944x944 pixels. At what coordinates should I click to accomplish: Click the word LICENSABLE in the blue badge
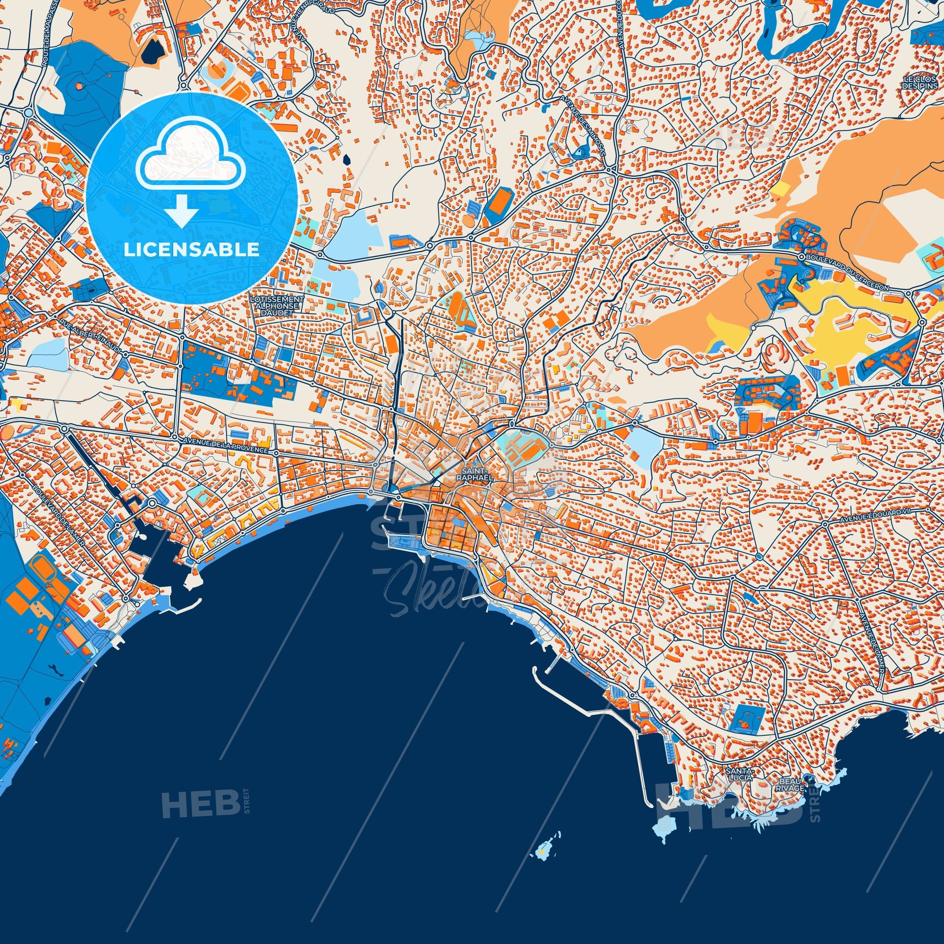coord(191,250)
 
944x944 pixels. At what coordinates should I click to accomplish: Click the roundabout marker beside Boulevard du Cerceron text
coord(801,255)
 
